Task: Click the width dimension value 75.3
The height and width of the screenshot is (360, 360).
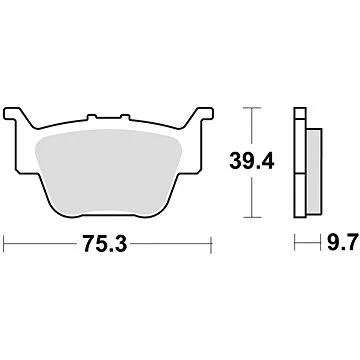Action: (109, 243)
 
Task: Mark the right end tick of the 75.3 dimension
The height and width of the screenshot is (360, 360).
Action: (214, 243)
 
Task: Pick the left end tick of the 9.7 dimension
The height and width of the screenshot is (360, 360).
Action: (294, 243)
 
